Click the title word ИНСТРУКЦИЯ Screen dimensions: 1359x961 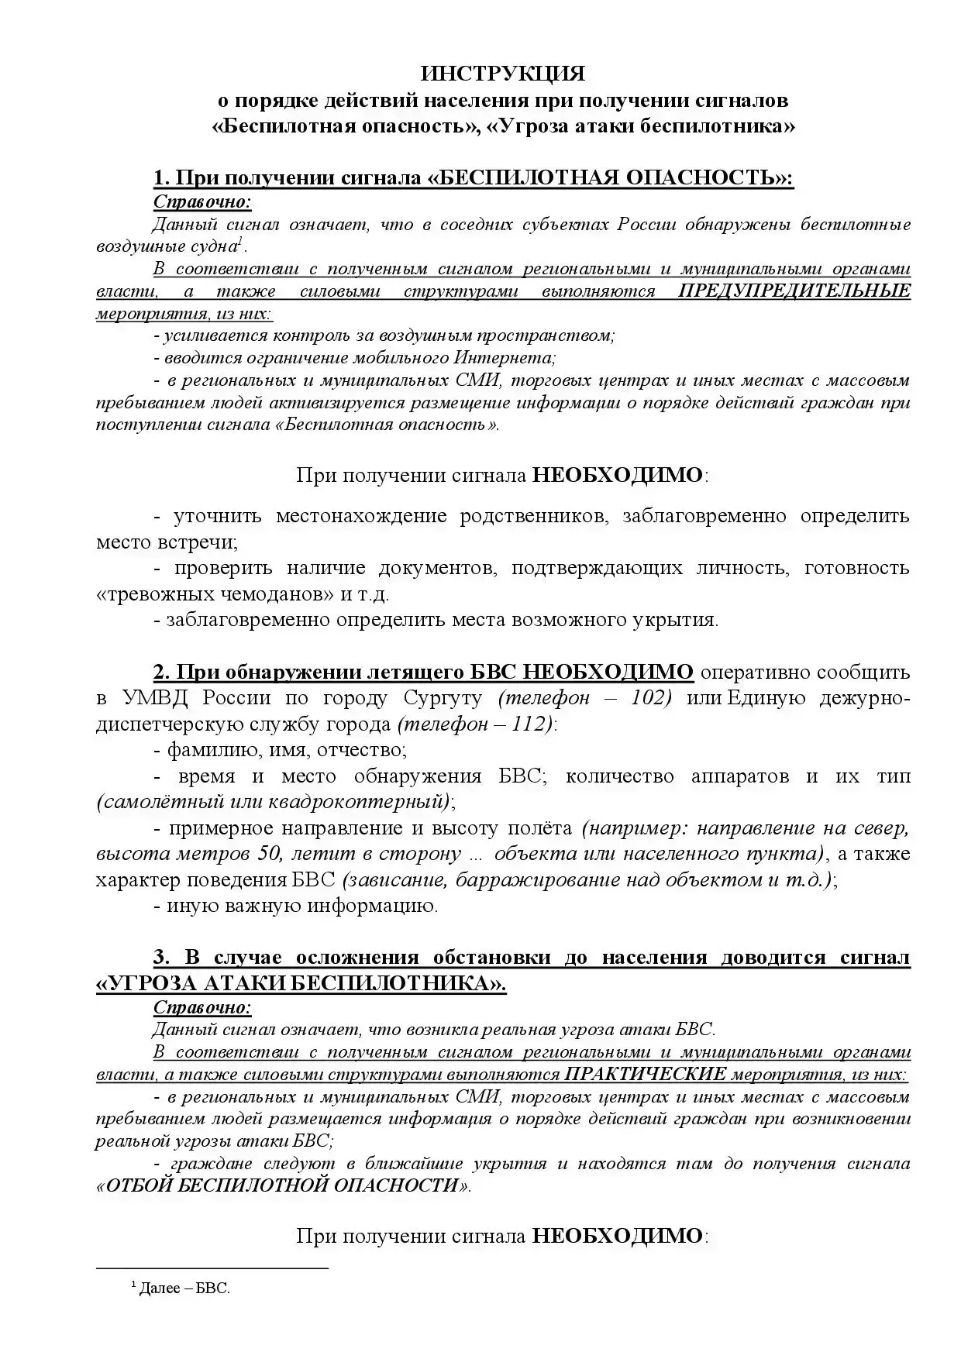503,74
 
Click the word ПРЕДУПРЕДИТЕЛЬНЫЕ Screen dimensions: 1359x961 794,292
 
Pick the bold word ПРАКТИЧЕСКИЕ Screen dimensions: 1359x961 646,1075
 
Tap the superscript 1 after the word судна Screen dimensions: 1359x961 240,243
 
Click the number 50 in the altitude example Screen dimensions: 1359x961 263,854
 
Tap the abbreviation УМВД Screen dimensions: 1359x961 155,697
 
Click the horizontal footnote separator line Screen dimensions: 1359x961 212,1268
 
